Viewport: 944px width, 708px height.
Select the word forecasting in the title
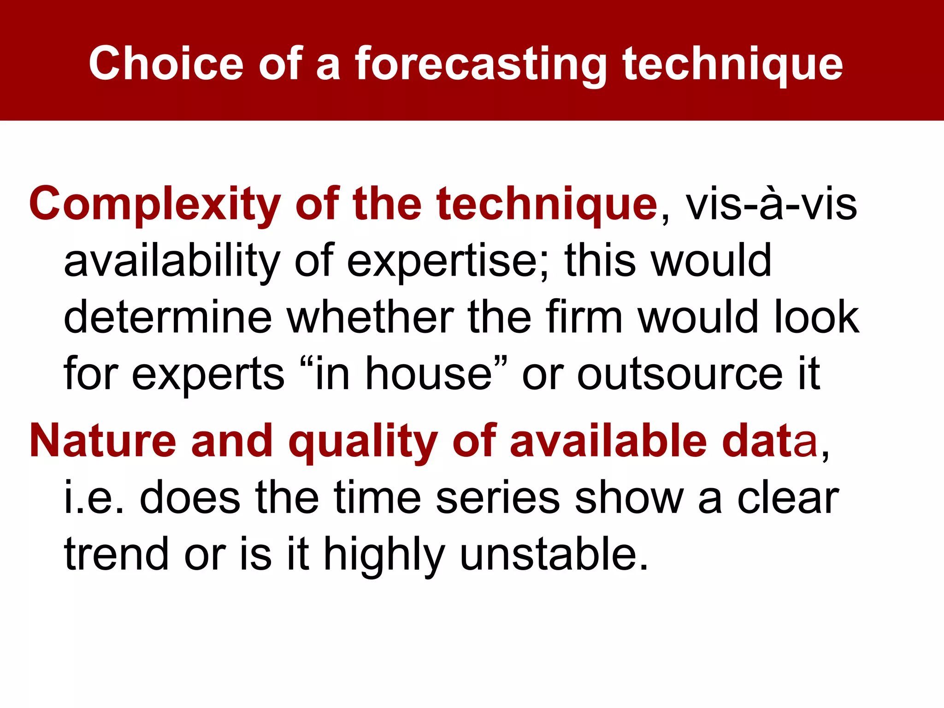(480, 65)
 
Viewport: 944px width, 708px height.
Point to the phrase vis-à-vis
(772, 204)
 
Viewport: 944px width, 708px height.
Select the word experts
(208, 374)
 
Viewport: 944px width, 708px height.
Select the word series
(497, 498)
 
